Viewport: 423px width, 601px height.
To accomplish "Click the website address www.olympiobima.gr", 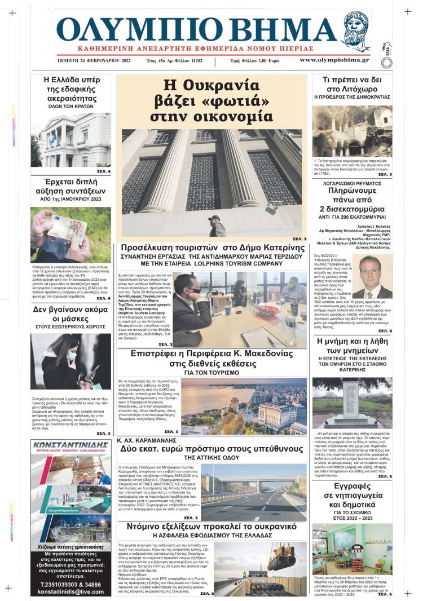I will pyautogui.click(x=334, y=60).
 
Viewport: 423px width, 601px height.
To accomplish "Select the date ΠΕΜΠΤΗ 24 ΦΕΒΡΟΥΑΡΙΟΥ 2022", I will pyautogui.click(x=94, y=60).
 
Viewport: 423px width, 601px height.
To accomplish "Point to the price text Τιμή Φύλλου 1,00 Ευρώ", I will pyautogui.click(x=252, y=60).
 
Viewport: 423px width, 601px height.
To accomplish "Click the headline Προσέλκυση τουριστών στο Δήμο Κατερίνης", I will pyautogui.click(x=212, y=248).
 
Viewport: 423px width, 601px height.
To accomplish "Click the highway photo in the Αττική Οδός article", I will pyautogui.click(x=254, y=492).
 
